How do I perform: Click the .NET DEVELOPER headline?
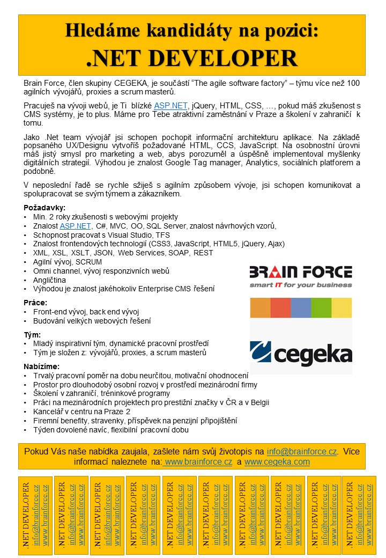click(x=192, y=58)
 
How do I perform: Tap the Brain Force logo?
click(x=301, y=276)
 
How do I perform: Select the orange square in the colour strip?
click(x=260, y=308)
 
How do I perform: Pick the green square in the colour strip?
click(x=321, y=308)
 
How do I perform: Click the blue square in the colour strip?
click(x=301, y=308)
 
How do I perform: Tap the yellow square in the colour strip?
click(x=342, y=308)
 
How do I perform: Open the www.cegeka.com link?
click(x=277, y=461)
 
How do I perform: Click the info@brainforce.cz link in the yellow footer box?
click(x=302, y=451)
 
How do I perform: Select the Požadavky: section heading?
click(x=44, y=208)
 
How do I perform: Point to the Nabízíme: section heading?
click(x=42, y=366)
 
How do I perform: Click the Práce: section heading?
click(x=35, y=303)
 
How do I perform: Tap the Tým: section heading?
click(x=33, y=334)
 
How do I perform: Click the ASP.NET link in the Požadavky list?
click(x=75, y=226)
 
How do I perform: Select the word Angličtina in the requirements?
click(x=49, y=280)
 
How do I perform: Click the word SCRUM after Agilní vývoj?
click(x=88, y=262)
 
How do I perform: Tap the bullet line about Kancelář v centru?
click(x=82, y=412)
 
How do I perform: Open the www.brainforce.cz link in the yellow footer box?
click(x=198, y=461)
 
